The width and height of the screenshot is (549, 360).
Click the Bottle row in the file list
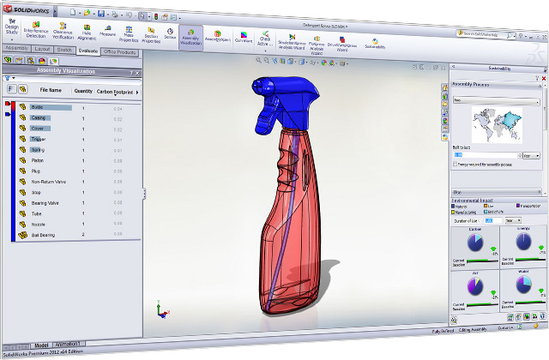38,107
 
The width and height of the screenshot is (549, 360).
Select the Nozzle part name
39,224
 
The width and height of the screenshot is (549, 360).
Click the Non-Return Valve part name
48,182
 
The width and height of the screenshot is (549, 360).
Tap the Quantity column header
83,90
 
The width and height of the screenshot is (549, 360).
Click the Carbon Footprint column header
116,91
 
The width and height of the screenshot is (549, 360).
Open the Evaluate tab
87,51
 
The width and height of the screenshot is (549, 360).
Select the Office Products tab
120,52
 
